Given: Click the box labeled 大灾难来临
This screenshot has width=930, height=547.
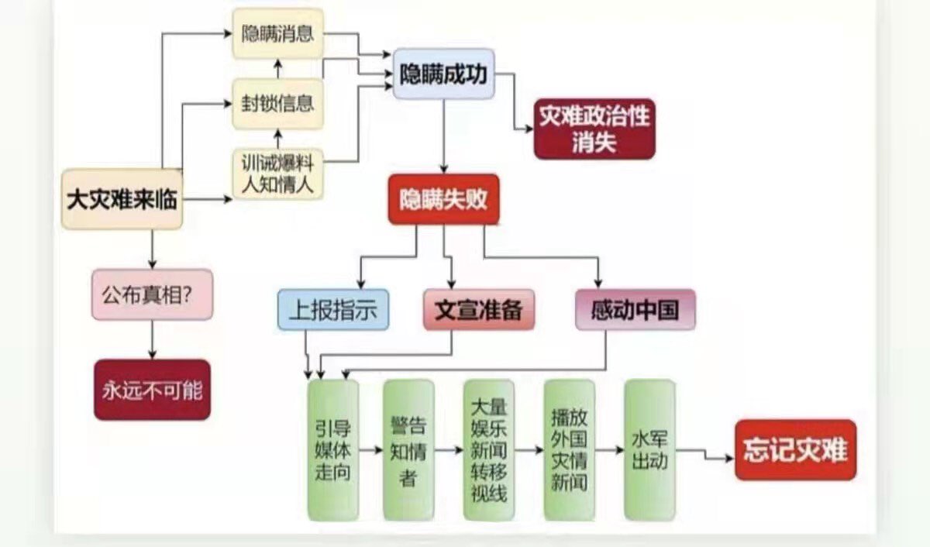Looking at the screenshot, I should [x=122, y=199].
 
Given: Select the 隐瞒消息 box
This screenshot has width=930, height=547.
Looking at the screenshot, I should [x=277, y=34].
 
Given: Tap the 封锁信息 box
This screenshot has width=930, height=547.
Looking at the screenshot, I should [x=277, y=103].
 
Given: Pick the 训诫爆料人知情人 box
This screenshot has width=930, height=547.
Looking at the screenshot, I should [x=277, y=174].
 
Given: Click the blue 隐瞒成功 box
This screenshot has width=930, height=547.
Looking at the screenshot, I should [x=443, y=74].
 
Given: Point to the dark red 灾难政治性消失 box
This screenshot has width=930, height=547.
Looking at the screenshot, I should [x=594, y=129].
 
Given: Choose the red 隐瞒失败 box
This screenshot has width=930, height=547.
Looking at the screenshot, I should [x=443, y=199].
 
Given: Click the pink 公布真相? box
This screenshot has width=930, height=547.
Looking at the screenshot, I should [x=152, y=294].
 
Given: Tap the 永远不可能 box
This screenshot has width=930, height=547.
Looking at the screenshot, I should [x=152, y=390].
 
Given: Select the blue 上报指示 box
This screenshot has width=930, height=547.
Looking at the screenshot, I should [x=332, y=310].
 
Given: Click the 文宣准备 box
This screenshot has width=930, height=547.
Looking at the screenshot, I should [x=478, y=310].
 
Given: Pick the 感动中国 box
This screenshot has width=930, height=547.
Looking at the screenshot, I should [x=635, y=310].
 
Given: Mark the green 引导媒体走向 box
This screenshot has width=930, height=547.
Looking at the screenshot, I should [x=332, y=449].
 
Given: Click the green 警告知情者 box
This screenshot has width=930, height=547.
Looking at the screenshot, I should [x=408, y=449].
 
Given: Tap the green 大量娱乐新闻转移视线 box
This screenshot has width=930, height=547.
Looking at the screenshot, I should [x=489, y=449].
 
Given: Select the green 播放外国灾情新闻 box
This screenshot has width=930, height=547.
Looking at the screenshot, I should [x=569, y=449].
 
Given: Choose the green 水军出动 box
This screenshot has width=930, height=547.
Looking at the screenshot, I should [x=649, y=449].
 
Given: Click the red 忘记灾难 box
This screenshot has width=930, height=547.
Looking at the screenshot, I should [x=795, y=449].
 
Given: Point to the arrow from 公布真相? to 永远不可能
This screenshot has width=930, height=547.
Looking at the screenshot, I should [x=152, y=339].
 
